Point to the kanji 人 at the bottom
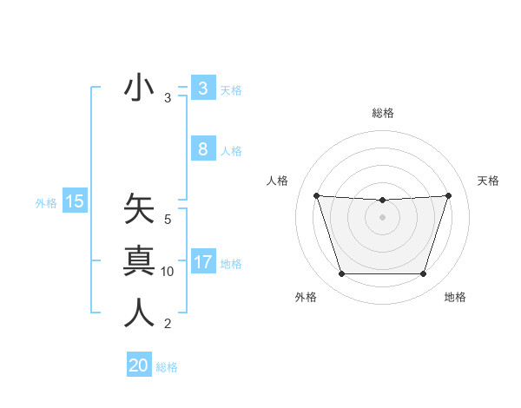point(139,313)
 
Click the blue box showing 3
point(202,88)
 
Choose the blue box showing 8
point(202,148)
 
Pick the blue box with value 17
point(202,261)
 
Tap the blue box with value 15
point(75,201)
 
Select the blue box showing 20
point(139,365)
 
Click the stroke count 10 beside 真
point(168,272)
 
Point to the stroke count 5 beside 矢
point(168,220)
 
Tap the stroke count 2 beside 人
point(168,325)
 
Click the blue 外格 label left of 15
point(46,203)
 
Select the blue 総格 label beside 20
point(167,367)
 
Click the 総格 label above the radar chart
point(382,113)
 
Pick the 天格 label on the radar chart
point(488,181)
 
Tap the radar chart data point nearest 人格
point(316,195)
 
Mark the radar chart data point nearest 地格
point(423,274)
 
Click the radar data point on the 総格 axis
point(382,201)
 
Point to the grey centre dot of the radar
point(382,217)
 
